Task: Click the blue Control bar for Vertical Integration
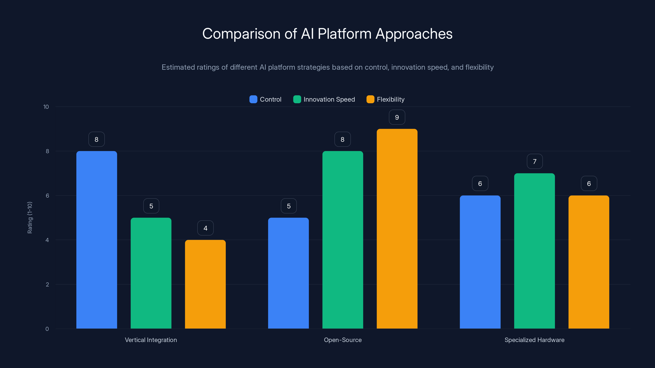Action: (x=97, y=240)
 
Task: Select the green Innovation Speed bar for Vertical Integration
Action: (x=151, y=273)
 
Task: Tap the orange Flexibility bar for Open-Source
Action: (x=397, y=229)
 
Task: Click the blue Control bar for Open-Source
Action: (x=288, y=273)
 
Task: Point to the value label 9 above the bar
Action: (x=397, y=117)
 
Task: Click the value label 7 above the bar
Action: (x=534, y=162)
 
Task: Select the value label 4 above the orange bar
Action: (x=206, y=228)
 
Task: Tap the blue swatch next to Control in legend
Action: (x=253, y=99)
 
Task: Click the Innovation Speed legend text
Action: (x=329, y=99)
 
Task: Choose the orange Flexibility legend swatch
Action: (x=370, y=99)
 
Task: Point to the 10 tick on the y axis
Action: (x=46, y=107)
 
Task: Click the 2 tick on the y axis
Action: (x=47, y=284)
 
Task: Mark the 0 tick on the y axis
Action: (x=47, y=329)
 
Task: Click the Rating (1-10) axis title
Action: (x=30, y=218)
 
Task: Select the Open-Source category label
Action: (x=342, y=340)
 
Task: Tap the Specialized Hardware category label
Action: (x=534, y=340)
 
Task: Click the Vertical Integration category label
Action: (x=151, y=340)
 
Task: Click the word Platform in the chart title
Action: (x=344, y=34)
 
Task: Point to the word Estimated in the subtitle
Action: (x=178, y=67)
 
